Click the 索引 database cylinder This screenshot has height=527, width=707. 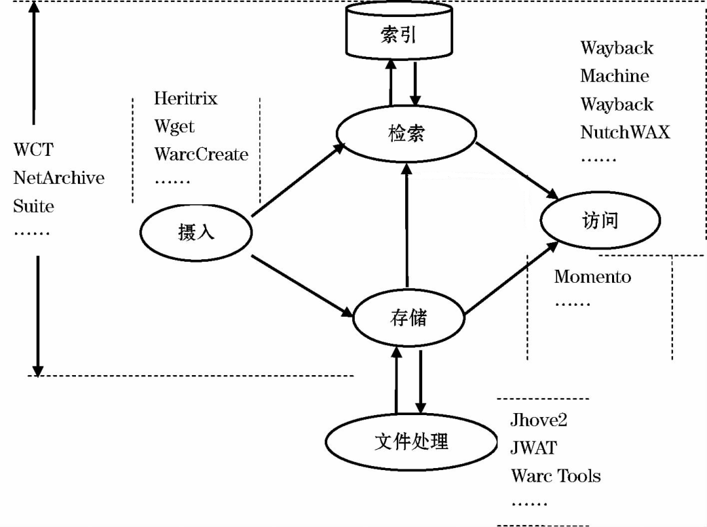(398, 33)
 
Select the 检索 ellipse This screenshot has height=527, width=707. (406, 134)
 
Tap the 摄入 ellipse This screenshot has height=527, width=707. (196, 232)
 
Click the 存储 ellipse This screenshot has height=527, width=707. (408, 319)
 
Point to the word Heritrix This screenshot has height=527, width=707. (185, 98)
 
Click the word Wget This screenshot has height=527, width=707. (174, 126)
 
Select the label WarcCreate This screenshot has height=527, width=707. (201, 154)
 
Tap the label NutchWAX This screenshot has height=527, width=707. (625, 132)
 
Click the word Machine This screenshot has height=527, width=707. (614, 76)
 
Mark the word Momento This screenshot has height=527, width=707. (592, 276)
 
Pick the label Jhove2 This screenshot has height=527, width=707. (539, 420)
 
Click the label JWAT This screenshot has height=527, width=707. (534, 448)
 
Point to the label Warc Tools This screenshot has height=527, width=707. (556, 476)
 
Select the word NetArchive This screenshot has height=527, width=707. (59, 177)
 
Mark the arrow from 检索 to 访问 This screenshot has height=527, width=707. (517, 170)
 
